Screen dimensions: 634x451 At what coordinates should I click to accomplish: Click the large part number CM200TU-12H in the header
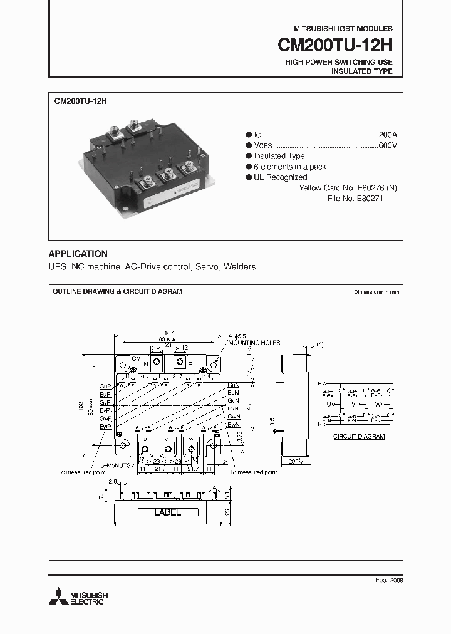point(335,46)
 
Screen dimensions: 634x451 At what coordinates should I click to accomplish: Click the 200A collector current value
point(388,135)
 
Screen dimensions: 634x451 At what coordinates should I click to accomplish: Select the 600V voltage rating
point(388,145)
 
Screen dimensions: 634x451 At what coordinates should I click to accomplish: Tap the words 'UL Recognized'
point(280,177)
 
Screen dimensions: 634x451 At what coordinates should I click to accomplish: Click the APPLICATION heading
point(78,254)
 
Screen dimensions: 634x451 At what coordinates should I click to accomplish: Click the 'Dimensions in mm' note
point(376,292)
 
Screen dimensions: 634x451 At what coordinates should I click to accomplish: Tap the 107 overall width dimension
point(168,333)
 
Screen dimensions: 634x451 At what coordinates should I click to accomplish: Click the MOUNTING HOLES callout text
point(254,343)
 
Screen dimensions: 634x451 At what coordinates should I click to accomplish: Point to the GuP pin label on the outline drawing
point(105,387)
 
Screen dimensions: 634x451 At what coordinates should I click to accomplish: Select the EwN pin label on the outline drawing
point(234,425)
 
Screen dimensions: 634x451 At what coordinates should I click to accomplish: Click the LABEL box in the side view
point(167,512)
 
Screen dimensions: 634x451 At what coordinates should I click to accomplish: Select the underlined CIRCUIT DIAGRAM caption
point(358,436)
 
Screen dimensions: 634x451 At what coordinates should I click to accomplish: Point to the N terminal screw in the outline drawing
point(157,363)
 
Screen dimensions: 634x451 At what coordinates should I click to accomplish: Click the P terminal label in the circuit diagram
point(319,382)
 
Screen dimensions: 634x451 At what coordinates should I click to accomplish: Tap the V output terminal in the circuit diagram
point(353,404)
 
